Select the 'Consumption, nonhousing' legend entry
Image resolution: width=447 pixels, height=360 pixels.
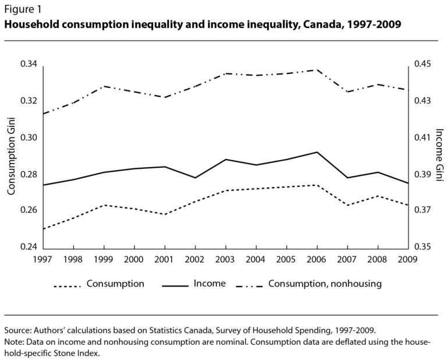325,284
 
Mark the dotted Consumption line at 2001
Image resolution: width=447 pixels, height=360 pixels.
165,214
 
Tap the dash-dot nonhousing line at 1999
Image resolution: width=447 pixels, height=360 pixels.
104,86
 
